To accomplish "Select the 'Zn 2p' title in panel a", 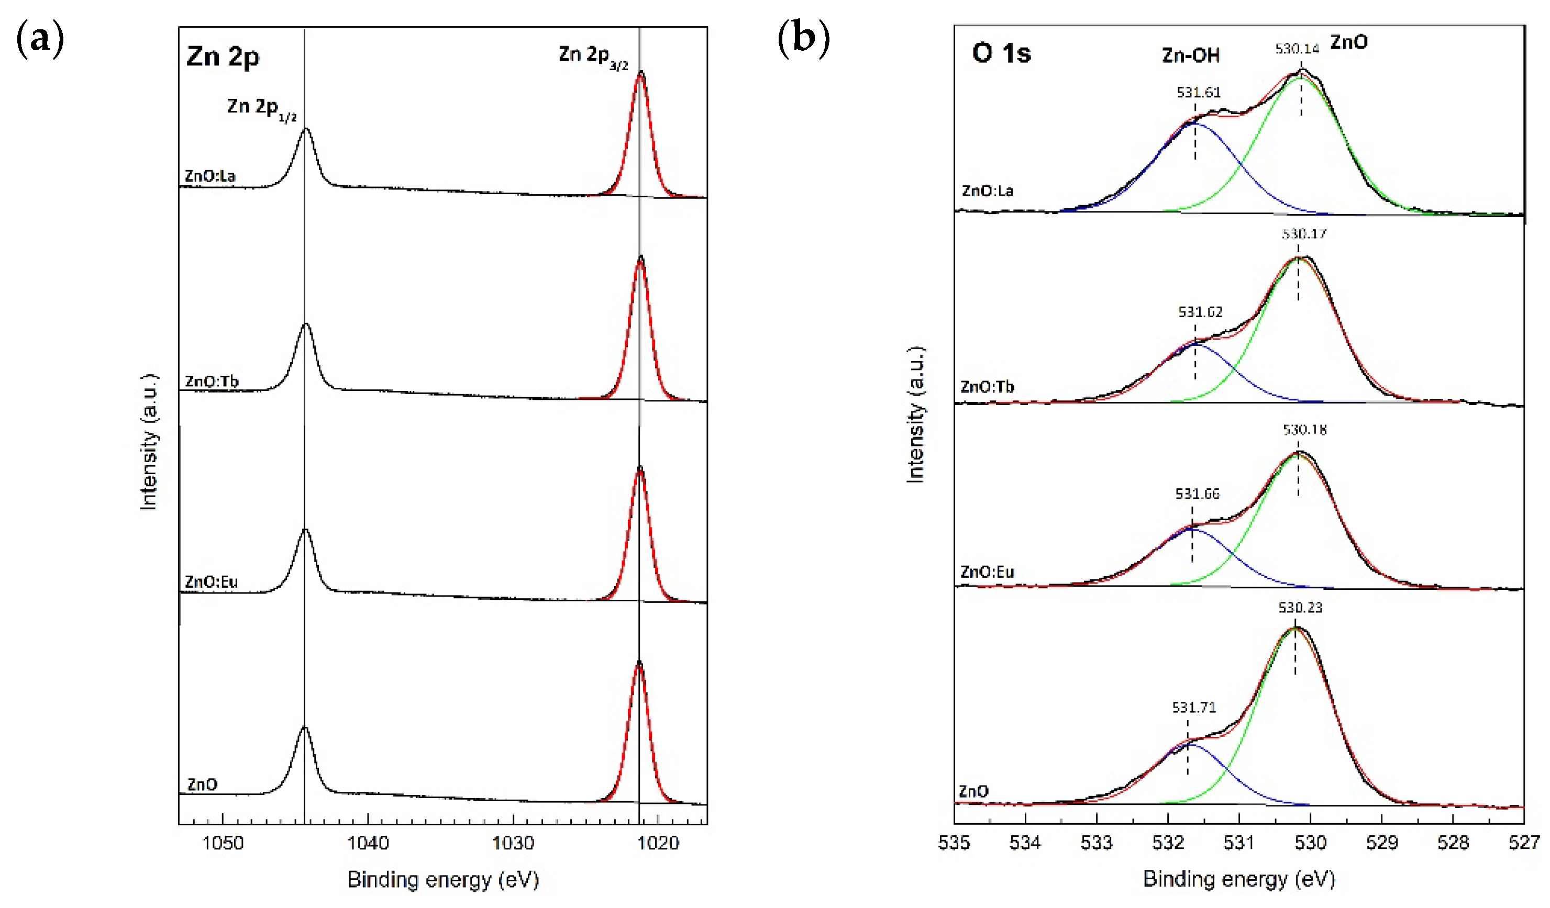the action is [223, 57].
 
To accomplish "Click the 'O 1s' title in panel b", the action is [1001, 53].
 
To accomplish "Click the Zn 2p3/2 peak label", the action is [593, 57].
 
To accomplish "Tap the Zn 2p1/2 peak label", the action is [262, 109].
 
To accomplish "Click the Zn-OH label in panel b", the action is [1190, 56].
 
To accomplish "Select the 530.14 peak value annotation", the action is [1297, 49].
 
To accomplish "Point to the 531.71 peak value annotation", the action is [1194, 708].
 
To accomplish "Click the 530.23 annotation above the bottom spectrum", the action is [1300, 608].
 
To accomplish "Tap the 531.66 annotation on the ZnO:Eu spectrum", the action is [1197, 494].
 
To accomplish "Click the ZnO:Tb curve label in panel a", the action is [212, 381].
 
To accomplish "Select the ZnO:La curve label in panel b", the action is [987, 190].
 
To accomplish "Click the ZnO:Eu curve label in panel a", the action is [211, 581].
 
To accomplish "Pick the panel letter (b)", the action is [803, 38].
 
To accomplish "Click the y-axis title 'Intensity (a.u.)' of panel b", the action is [916, 415].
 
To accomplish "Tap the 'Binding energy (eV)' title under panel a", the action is [443, 880].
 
